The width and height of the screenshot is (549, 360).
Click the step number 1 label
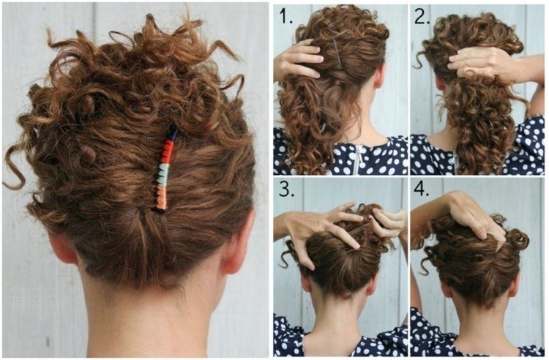point(285,16)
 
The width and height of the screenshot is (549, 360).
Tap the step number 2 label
point(422,16)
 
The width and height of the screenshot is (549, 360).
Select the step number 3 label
point(286,189)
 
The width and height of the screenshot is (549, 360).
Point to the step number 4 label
point(422,189)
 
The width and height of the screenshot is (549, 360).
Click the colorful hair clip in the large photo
point(166,168)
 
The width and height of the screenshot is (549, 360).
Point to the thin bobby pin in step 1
point(337,53)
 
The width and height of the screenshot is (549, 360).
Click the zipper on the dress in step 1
point(356,160)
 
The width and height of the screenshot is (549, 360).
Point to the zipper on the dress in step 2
point(455,162)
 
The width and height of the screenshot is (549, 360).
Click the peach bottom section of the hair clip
point(162,198)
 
